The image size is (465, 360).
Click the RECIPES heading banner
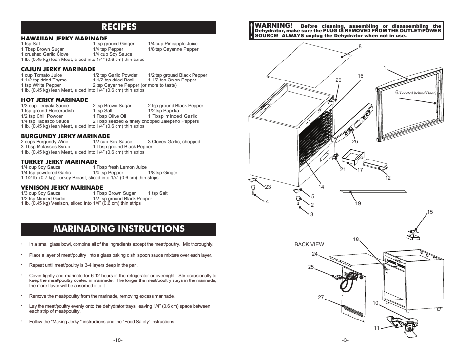[x=119, y=27]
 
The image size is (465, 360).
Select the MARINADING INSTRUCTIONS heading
[x=119, y=229]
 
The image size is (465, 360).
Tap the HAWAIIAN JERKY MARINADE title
[x=64, y=38]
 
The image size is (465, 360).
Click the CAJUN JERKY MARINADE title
[x=58, y=69]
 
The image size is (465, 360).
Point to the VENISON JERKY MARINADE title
[x=62, y=187]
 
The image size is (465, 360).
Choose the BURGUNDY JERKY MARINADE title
[x=65, y=136]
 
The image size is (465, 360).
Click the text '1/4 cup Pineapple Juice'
[x=173, y=44]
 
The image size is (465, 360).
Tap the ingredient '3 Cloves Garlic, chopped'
[x=174, y=142]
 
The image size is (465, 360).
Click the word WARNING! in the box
[x=274, y=25]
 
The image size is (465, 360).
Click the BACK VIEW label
[x=309, y=244]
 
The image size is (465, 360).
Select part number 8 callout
[x=360, y=47]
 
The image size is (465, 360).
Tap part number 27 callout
[x=321, y=298]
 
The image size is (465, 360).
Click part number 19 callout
[x=358, y=203]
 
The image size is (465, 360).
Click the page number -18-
[x=117, y=340]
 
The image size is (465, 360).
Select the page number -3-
[x=345, y=340]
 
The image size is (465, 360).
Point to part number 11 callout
[x=376, y=328]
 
